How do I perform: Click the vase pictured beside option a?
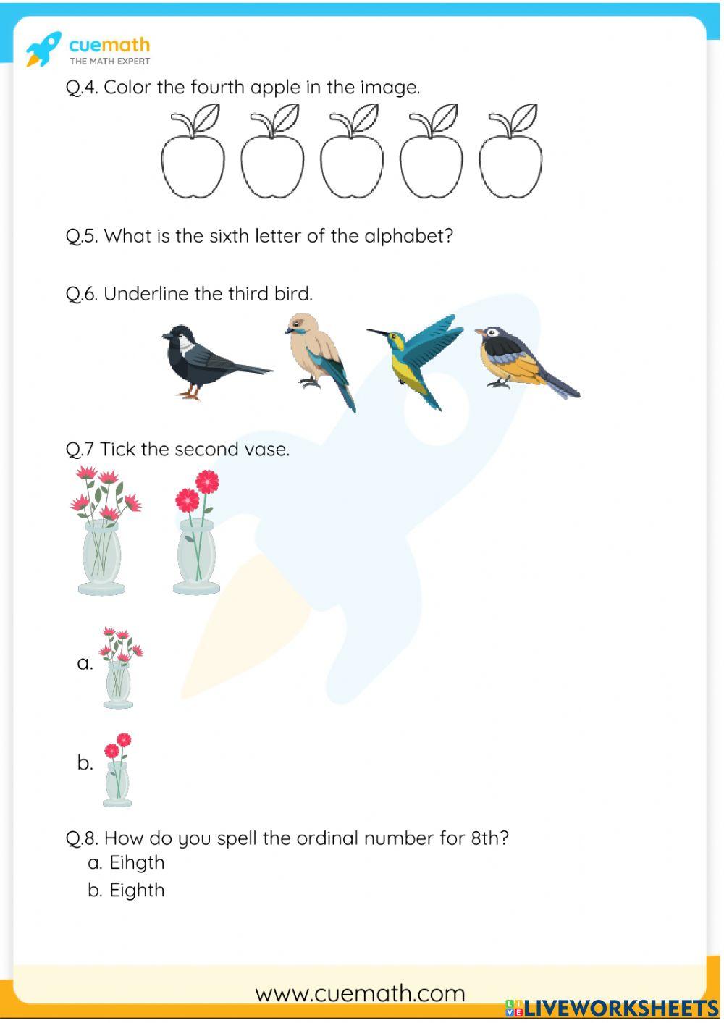tap(120, 668)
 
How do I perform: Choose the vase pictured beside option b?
tap(117, 770)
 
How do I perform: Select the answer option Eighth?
tap(137, 891)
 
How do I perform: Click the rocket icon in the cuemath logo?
tap(43, 49)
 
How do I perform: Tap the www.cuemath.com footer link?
tap(360, 994)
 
